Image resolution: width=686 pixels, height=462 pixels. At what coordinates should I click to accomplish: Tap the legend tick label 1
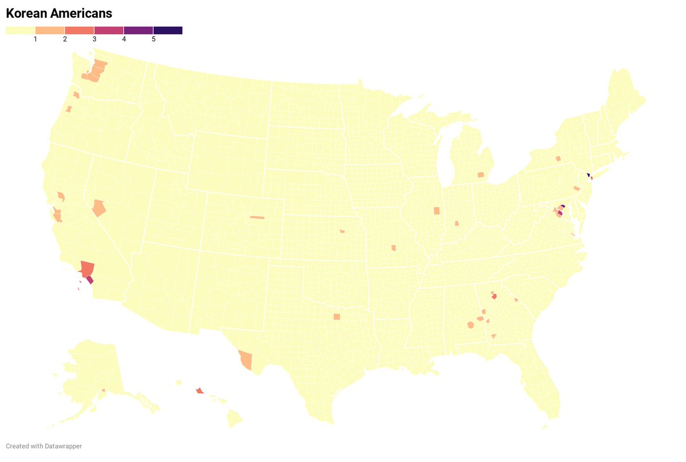tap(35, 39)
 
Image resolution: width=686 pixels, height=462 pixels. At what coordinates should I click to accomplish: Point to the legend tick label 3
tap(94, 39)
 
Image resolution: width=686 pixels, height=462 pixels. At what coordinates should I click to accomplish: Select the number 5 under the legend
tap(153, 39)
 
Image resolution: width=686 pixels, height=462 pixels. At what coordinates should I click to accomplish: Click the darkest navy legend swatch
tap(168, 30)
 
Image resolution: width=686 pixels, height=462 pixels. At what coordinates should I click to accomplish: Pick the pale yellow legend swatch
tap(21, 30)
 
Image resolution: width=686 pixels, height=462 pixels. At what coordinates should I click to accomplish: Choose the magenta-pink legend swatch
tap(109, 30)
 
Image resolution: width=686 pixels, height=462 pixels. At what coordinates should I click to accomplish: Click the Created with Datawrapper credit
tap(44, 446)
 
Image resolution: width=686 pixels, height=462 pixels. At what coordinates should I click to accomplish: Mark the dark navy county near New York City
tap(588, 175)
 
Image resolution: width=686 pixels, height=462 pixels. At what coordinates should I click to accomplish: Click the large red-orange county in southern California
tap(87, 268)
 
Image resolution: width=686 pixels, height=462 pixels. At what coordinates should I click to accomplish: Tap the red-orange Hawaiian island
tap(199, 391)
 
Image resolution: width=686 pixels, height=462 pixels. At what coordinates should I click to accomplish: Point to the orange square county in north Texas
tap(337, 317)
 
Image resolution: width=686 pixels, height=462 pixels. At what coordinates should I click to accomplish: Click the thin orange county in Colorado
tap(257, 217)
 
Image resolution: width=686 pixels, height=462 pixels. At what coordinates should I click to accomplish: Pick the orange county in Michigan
tap(481, 175)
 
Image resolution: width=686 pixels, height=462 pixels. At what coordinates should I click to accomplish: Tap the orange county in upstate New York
tap(557, 159)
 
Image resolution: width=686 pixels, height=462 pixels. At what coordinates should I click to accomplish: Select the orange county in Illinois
tap(437, 211)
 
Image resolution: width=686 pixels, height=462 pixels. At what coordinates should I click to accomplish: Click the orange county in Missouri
tap(393, 248)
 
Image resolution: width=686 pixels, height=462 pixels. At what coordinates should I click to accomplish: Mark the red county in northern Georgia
tap(494, 297)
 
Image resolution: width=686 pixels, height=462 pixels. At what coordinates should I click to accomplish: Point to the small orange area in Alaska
tap(103, 390)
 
